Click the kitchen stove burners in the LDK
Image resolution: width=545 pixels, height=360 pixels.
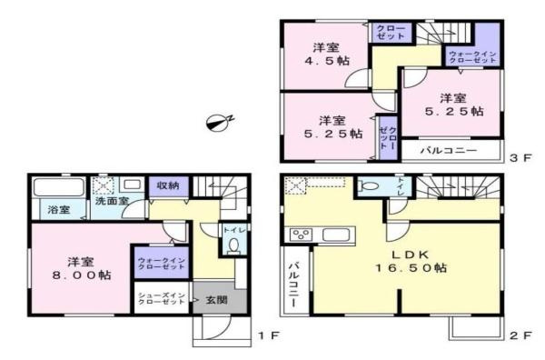click(300, 235)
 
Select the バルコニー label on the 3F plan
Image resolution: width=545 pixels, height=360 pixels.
click(449, 149)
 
